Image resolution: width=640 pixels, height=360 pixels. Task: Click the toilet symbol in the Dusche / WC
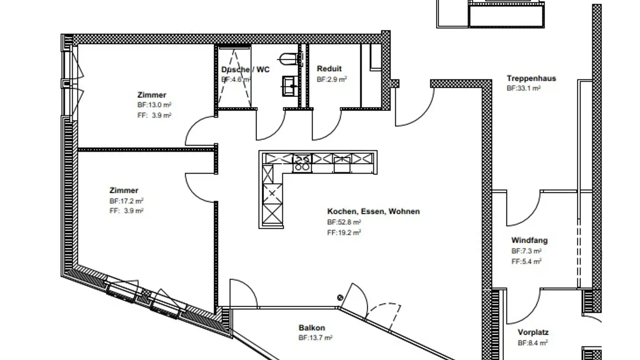[x=288, y=59]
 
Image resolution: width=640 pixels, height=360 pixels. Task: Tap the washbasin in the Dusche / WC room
[x=290, y=86]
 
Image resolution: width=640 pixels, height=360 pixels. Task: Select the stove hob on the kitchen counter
[x=302, y=163]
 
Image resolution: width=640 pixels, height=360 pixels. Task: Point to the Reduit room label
[x=329, y=68]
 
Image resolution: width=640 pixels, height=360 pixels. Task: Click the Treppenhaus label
[x=532, y=78]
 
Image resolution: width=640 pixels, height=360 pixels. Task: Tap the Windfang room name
[x=529, y=240]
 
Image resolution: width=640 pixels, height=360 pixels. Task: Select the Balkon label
[x=312, y=328]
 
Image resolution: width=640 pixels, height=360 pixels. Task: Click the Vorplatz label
[x=533, y=332]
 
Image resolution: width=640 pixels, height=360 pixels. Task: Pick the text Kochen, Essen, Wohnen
[x=373, y=212]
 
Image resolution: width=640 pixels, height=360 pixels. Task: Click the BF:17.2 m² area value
[x=126, y=201]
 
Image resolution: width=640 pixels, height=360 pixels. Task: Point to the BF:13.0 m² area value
[x=154, y=105]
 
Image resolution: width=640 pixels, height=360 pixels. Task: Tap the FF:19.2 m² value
[x=344, y=232]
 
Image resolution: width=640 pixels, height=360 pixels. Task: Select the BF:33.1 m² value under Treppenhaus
[x=524, y=88]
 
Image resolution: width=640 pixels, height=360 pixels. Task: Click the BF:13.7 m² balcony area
[x=315, y=338]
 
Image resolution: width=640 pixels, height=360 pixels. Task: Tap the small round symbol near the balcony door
[x=340, y=298]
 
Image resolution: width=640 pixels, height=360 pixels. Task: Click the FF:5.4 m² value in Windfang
[x=526, y=261]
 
